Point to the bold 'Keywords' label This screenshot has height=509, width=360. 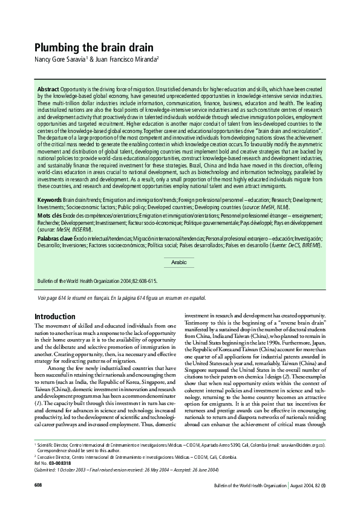[x=50, y=199]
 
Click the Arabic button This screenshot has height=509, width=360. [x=180, y=262]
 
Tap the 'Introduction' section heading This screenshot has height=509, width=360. [x=55, y=316]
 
